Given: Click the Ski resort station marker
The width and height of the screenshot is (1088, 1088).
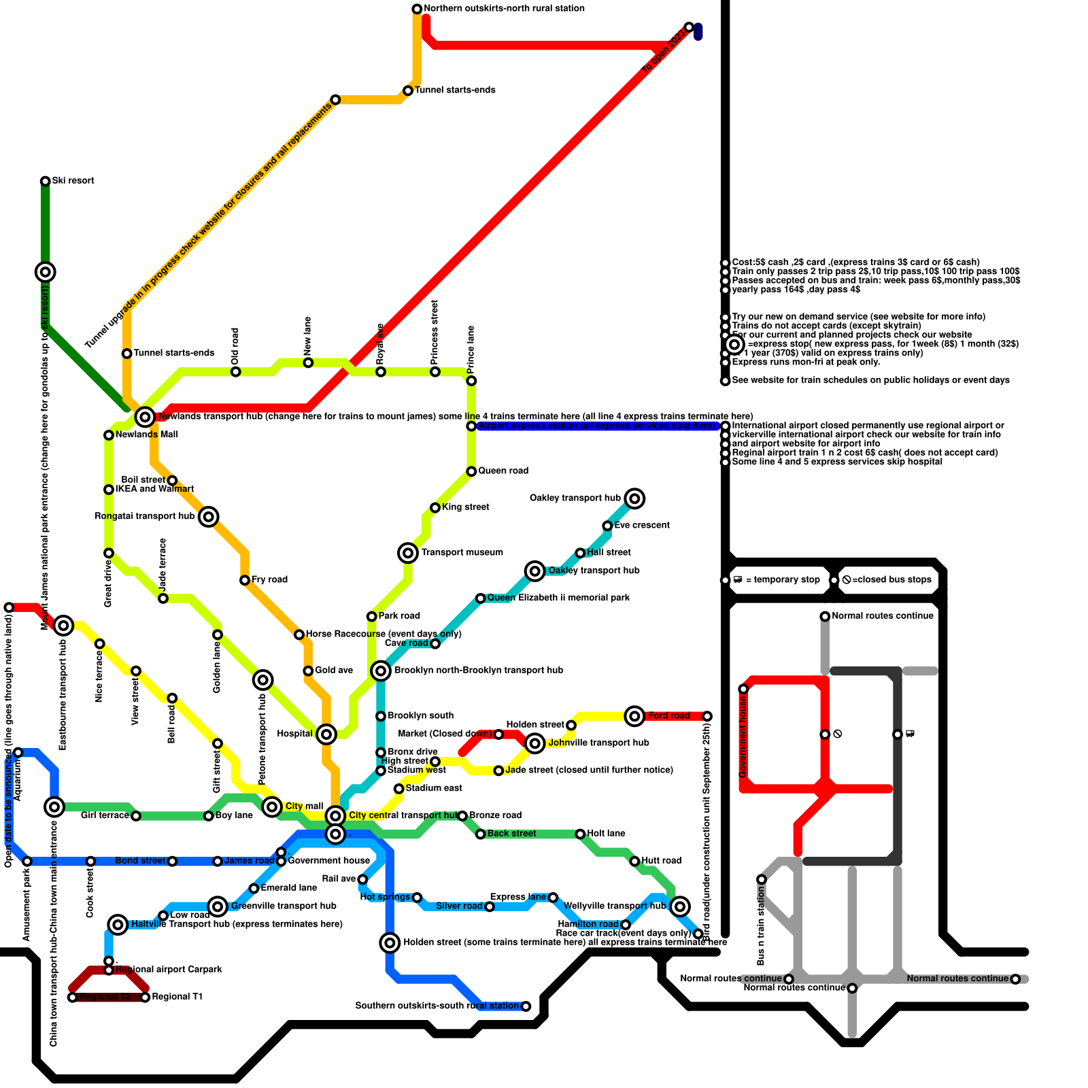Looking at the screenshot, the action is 45,181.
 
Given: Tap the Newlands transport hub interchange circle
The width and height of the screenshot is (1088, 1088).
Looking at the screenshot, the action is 145,417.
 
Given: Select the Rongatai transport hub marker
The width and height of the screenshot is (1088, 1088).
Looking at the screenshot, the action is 209,517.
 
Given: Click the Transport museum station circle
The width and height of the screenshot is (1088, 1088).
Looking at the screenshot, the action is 408,553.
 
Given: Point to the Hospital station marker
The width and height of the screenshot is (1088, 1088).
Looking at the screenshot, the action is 326,734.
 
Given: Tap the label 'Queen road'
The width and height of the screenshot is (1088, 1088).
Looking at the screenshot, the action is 503,471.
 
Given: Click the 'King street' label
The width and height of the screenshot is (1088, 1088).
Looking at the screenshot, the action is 466,507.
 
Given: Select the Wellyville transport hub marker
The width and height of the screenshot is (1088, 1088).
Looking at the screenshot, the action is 680,906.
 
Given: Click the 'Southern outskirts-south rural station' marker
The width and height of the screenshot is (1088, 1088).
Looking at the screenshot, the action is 526,1006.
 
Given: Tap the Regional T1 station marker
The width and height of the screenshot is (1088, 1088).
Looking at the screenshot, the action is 145,998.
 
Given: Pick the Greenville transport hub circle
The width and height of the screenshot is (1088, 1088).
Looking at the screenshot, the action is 218,906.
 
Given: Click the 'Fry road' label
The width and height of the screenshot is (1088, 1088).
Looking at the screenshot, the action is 269,580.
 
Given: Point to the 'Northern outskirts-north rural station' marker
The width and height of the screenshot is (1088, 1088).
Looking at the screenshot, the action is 417,9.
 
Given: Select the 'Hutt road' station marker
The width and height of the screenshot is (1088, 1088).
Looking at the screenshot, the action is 634,862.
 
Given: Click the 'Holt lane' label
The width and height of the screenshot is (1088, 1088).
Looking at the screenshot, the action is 606,834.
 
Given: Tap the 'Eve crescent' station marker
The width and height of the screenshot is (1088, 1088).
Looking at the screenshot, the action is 607,526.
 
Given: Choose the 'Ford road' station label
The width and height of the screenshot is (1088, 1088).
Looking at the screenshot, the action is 669,716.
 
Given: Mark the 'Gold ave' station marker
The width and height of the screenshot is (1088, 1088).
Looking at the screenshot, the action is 308,671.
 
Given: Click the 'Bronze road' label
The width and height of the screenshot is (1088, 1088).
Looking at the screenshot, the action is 496,815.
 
